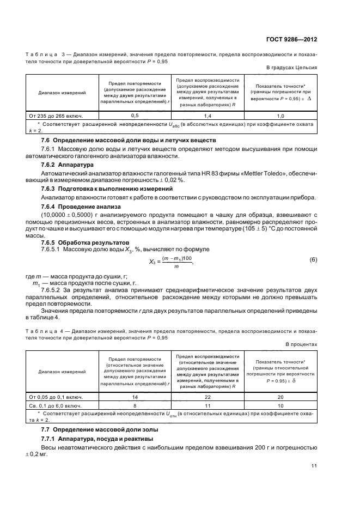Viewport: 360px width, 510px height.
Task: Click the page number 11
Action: pyautogui.click(x=314, y=465)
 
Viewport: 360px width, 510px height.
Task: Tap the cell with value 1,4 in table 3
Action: pyautogui.click(x=208, y=116)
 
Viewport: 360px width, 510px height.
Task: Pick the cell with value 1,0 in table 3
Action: pyautogui.click(x=280, y=116)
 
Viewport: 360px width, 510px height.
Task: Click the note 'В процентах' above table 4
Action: pyautogui.click(x=301, y=344)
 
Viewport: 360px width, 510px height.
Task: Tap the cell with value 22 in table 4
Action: pyautogui.click(x=208, y=397)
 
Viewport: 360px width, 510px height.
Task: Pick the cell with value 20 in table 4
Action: pyautogui.click(x=280, y=397)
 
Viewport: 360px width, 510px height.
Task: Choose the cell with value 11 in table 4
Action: pyautogui.click(x=208, y=405)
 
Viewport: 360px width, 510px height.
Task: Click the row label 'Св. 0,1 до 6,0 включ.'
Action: pyautogui.click(x=56, y=405)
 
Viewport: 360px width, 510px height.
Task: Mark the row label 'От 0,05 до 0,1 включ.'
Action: pyautogui.click(x=56, y=397)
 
